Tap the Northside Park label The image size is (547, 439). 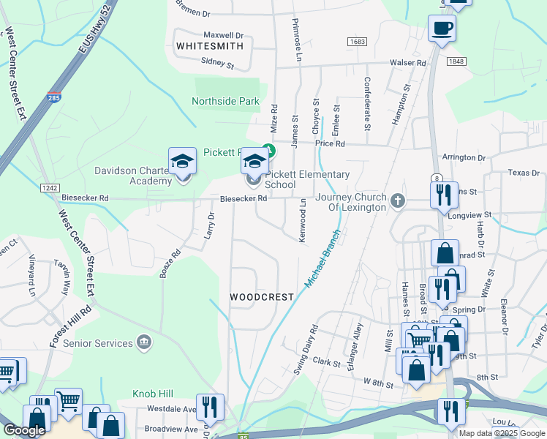(226, 101)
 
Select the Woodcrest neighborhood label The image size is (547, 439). (262, 297)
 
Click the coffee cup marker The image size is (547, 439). (442, 29)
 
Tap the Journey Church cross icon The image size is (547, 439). (397, 200)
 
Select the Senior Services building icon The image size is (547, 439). (144, 342)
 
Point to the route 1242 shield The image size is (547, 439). (50, 188)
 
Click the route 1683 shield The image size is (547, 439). (358, 42)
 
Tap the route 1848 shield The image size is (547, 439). (456, 62)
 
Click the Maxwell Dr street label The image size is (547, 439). (223, 34)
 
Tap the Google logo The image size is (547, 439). (23, 431)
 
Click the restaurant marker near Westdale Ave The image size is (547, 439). (210, 407)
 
